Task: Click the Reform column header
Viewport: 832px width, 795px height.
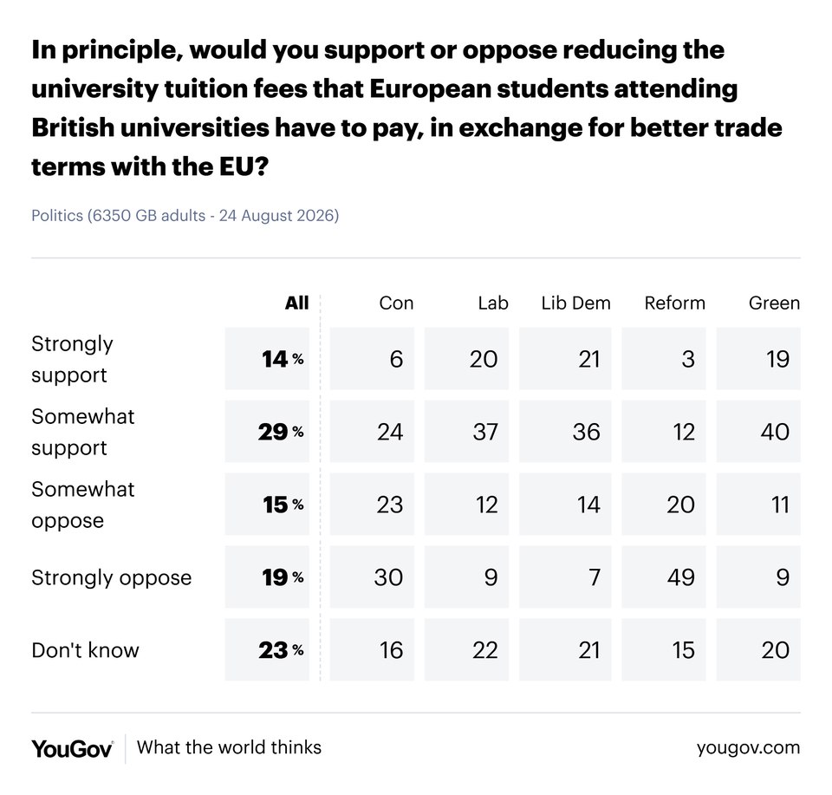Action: point(674,303)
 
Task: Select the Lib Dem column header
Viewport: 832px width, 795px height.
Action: point(575,303)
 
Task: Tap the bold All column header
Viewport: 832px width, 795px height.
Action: point(296,303)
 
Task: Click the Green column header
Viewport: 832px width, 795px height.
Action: point(774,303)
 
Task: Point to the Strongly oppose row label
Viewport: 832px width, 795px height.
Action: point(112,577)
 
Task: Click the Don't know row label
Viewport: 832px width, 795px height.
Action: point(85,650)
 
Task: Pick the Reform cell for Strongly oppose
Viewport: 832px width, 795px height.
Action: point(664,577)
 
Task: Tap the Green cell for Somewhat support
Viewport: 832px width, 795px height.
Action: point(758,432)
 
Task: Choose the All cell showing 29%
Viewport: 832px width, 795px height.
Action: point(267,432)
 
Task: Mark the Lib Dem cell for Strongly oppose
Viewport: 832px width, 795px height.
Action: point(565,577)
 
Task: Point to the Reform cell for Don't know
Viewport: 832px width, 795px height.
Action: point(664,649)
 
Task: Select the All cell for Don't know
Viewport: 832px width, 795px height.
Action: point(267,649)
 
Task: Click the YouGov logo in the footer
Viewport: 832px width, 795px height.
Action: point(72,749)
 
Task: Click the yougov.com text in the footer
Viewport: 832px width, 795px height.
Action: point(748,748)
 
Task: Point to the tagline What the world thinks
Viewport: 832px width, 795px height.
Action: point(229,747)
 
